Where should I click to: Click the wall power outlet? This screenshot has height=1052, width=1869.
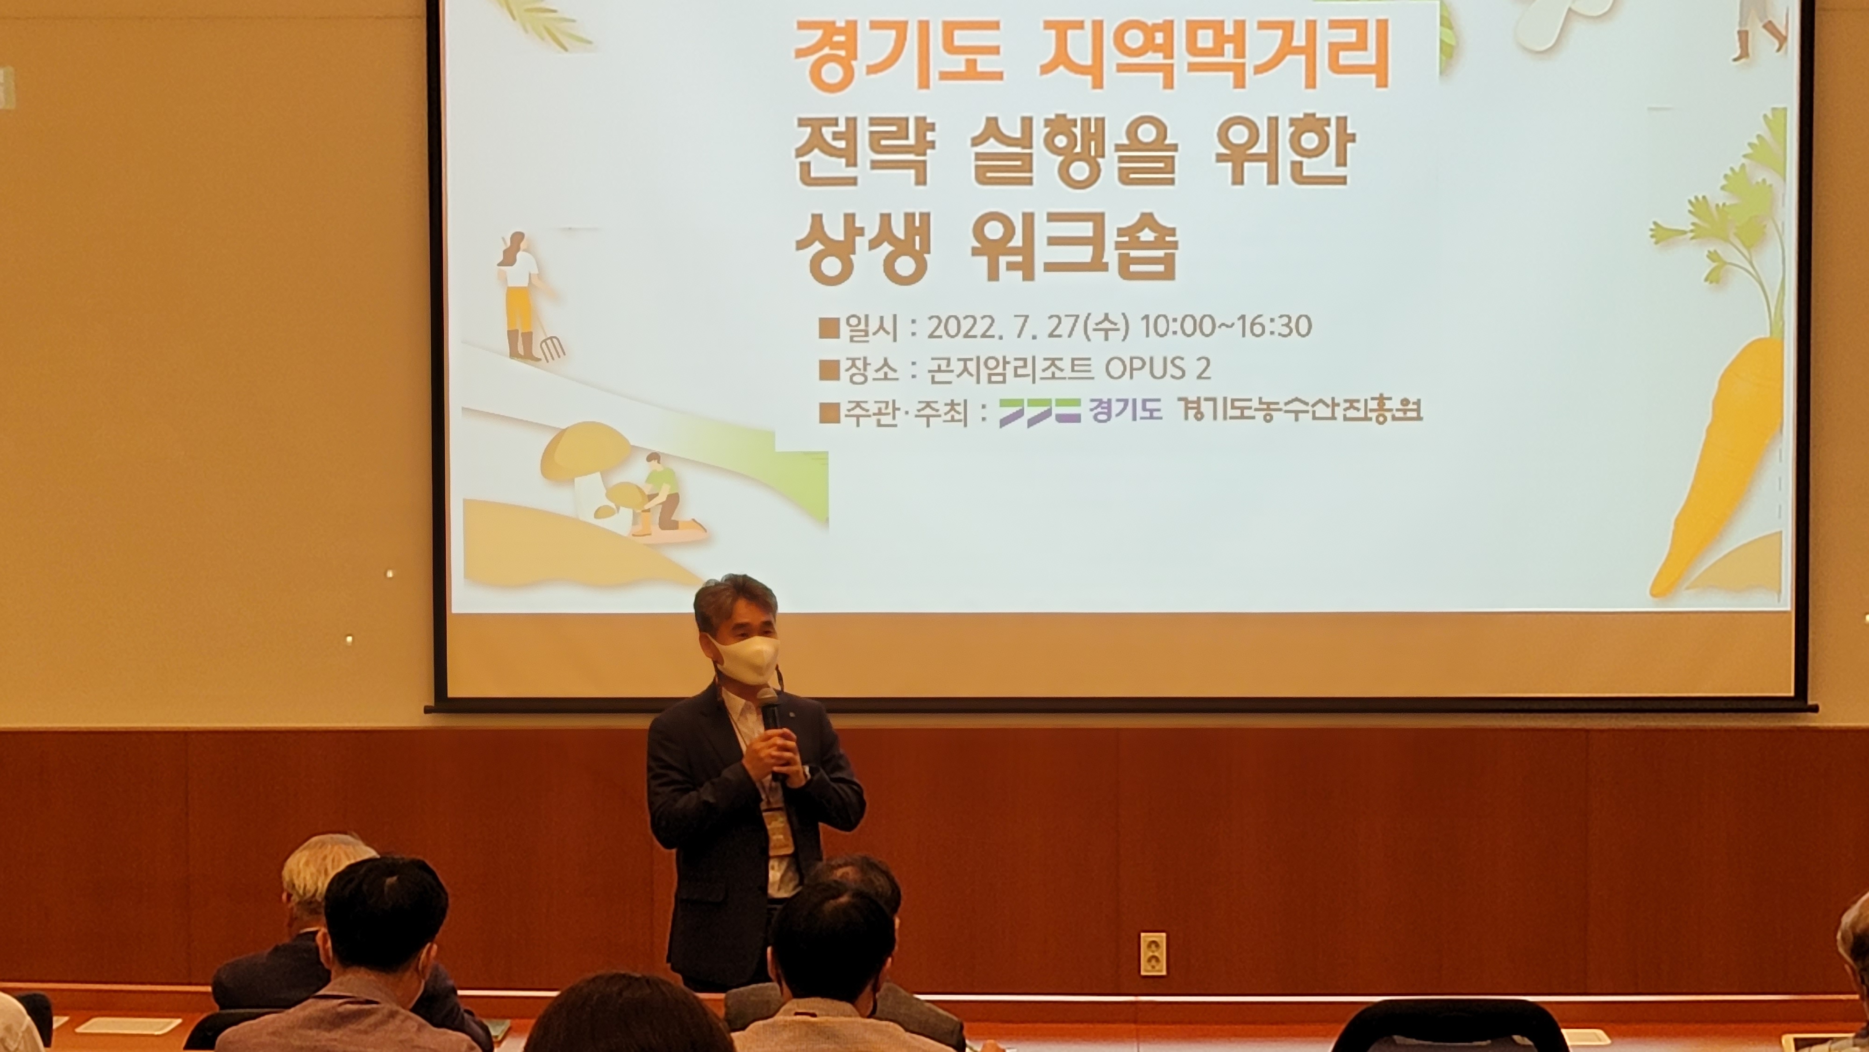pyautogui.click(x=1152, y=953)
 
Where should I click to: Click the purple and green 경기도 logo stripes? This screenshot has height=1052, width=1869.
pyautogui.click(x=1040, y=412)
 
